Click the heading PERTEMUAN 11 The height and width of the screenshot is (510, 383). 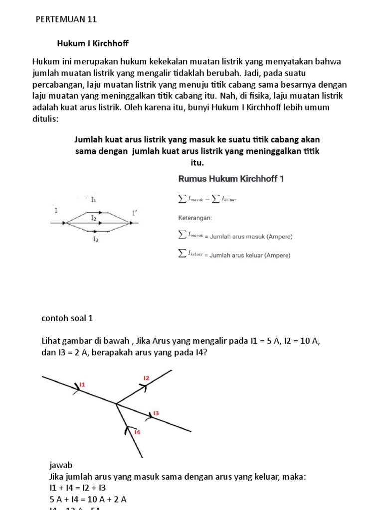66,19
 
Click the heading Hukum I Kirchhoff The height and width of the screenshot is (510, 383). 93,43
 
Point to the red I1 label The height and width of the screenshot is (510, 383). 82,384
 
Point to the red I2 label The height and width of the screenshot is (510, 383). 146,379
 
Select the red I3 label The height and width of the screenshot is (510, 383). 156,413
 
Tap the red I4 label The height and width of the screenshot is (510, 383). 137,432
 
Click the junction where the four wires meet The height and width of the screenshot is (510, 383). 116,403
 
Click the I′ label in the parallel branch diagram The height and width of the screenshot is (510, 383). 134,213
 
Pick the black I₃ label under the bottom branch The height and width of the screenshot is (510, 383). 95,239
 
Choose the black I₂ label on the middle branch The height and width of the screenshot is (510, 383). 94,218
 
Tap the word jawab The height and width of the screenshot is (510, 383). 61,465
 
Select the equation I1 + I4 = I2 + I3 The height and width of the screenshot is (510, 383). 77,488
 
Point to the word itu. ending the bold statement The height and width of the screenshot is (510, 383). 191,163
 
